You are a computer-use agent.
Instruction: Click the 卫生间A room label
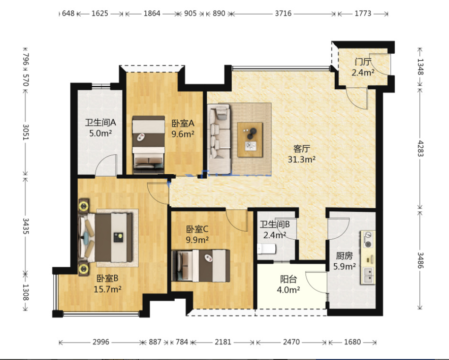click(x=100, y=123)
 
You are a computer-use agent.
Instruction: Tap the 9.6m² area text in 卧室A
click(x=183, y=134)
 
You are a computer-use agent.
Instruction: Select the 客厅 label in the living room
click(x=302, y=149)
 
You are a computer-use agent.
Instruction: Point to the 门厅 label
click(x=363, y=61)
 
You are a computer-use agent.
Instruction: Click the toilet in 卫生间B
click(x=266, y=249)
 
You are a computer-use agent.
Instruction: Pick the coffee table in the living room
click(x=250, y=140)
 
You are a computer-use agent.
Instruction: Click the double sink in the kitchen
click(x=368, y=275)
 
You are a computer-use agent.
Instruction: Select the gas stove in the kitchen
click(x=368, y=240)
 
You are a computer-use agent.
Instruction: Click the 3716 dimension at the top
click(x=283, y=14)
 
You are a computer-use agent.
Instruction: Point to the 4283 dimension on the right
click(x=420, y=148)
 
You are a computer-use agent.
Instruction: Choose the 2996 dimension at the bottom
click(x=101, y=342)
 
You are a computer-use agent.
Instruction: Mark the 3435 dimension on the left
click(x=26, y=226)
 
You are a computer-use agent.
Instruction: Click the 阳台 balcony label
click(x=288, y=279)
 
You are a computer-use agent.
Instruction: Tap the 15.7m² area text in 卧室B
click(x=107, y=289)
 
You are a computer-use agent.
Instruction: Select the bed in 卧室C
click(x=201, y=266)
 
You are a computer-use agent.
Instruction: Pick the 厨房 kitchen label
click(x=344, y=256)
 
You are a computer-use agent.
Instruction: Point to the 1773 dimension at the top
click(x=363, y=14)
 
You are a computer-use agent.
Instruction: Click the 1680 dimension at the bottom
click(x=352, y=342)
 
